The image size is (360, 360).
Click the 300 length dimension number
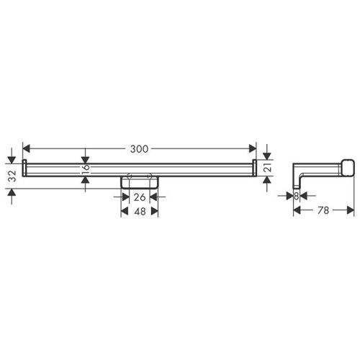point(140,148)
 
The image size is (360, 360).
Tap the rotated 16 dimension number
point(85,168)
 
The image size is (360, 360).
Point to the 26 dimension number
point(139,197)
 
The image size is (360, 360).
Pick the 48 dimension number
point(139,212)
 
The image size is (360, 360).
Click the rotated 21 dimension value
point(266,168)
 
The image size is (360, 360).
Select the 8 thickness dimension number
point(296,195)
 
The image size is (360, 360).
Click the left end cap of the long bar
point(24,168)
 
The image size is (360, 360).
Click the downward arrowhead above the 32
point(11,158)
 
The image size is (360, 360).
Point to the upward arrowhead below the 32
point(11,191)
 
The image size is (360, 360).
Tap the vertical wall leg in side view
point(296,176)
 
